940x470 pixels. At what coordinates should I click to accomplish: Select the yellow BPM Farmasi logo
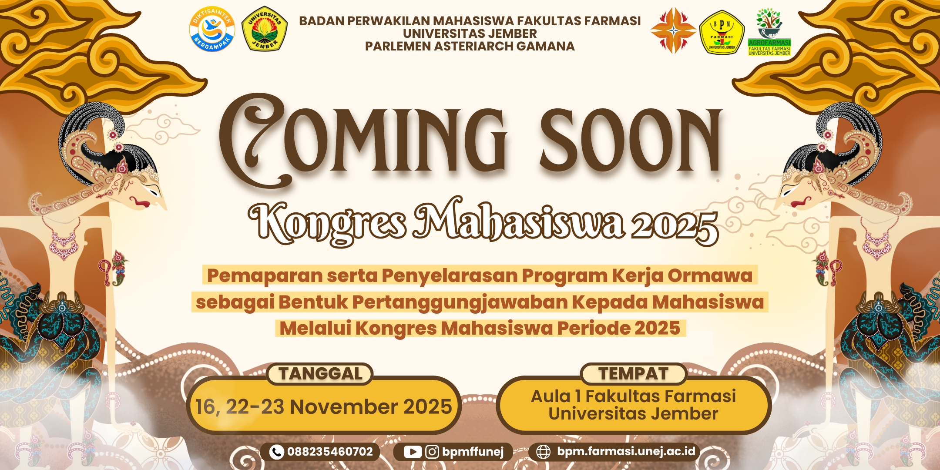click(x=722, y=32)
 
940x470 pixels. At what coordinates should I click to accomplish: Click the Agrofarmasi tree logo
click(x=769, y=31)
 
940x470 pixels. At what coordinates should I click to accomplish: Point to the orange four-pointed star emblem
click(x=673, y=30)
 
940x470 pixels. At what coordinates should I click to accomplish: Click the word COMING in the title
click(x=363, y=139)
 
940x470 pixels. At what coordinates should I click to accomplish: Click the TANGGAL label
click(x=321, y=374)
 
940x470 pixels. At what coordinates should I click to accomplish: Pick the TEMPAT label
click(x=633, y=374)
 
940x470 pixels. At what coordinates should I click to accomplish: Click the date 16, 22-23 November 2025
click(x=324, y=407)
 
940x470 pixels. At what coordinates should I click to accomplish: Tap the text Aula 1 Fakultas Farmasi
click(x=633, y=396)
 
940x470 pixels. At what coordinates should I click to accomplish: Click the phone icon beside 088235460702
click(x=276, y=452)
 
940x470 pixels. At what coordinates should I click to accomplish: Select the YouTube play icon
click(x=412, y=452)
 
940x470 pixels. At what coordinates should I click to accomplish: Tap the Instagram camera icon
click(x=432, y=452)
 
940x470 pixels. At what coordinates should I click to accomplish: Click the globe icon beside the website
click(x=543, y=452)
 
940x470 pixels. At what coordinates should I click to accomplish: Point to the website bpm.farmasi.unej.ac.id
click(x=626, y=452)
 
